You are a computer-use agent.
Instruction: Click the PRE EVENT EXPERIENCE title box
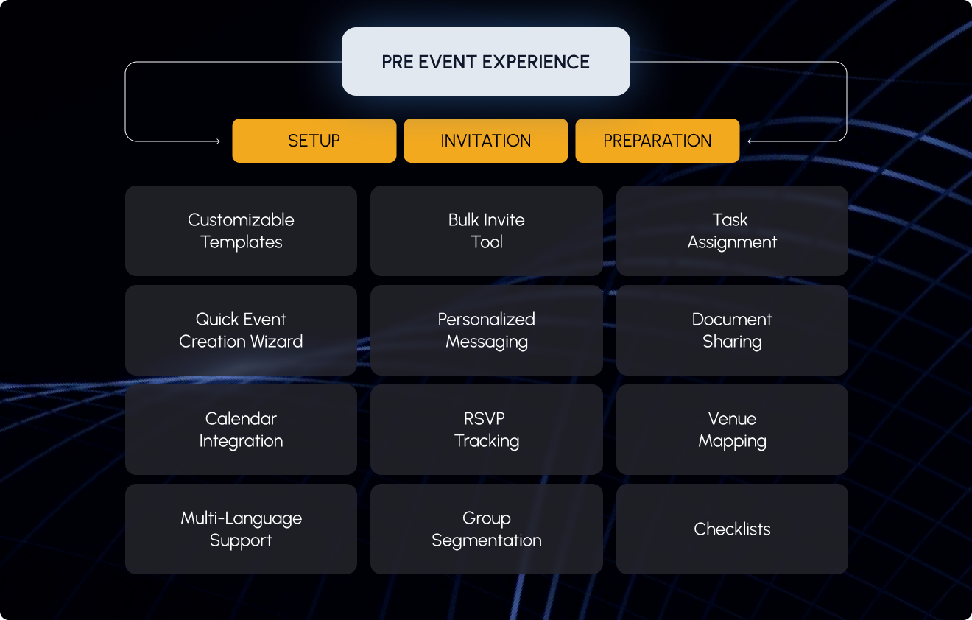pyautogui.click(x=485, y=62)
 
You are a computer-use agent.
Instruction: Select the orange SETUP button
pyautogui.click(x=314, y=141)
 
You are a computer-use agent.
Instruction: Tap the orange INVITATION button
pyautogui.click(x=485, y=141)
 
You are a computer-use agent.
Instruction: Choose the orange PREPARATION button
pyautogui.click(x=657, y=141)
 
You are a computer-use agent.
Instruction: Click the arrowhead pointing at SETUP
pyautogui.click(x=217, y=141)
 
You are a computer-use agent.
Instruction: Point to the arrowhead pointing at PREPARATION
pyautogui.click(x=750, y=141)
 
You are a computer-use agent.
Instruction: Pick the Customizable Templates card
pyautogui.click(x=241, y=230)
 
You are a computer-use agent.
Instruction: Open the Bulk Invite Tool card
pyautogui.click(x=486, y=230)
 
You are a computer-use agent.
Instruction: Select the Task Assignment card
pyautogui.click(x=732, y=230)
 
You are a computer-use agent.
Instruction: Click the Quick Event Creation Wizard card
pyautogui.click(x=241, y=330)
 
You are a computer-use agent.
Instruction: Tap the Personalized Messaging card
pyautogui.click(x=486, y=330)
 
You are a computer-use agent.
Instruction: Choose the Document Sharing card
pyautogui.click(x=732, y=330)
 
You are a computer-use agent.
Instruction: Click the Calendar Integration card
pyautogui.click(x=241, y=429)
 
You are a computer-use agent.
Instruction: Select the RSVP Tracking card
pyautogui.click(x=486, y=429)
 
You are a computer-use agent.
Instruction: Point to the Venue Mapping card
pyautogui.click(x=732, y=429)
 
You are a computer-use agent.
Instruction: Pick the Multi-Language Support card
pyautogui.click(x=241, y=529)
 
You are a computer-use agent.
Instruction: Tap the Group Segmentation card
pyautogui.click(x=486, y=529)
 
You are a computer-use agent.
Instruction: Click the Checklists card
pyautogui.click(x=732, y=529)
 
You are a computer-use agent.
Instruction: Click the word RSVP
pyautogui.click(x=484, y=419)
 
